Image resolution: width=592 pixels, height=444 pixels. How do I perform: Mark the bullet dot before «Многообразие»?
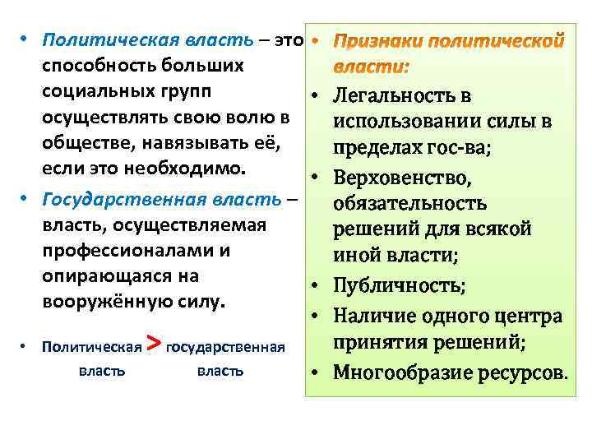click(315, 372)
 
